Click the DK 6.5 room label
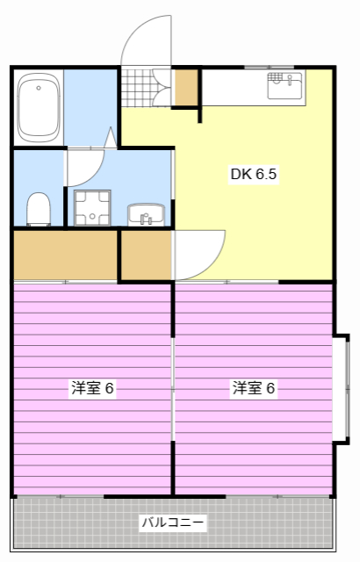pos(254,174)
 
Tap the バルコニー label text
pos(173,523)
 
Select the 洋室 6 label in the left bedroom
pos(93,388)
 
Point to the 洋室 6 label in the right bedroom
pos(254,388)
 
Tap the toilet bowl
pos(38,209)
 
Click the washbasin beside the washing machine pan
pos(147,213)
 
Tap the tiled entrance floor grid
pos(137,87)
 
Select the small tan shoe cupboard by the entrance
pos(186,86)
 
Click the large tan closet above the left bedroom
pos(65,255)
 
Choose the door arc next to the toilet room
pos(86,164)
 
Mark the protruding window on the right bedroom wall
pos(342,387)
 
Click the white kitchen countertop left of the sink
pos(234,87)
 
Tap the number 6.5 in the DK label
pos(267,174)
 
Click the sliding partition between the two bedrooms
pos(173,386)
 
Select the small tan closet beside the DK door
pos(146,255)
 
